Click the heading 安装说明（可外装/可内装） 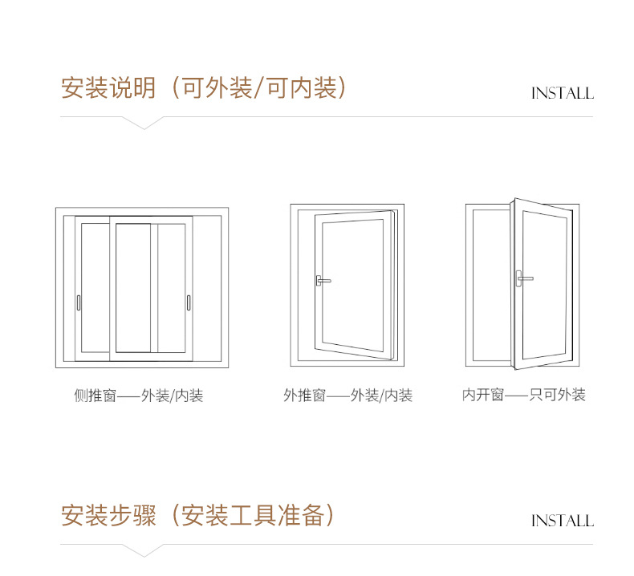(x=205, y=87)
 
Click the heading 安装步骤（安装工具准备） (x=197, y=515)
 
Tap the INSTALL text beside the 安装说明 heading (x=562, y=94)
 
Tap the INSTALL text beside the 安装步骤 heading (x=562, y=521)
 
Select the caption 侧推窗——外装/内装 (x=139, y=395)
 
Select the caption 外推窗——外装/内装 (x=347, y=395)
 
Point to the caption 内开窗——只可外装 (x=523, y=395)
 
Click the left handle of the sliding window (x=79, y=302)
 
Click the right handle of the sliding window (x=188, y=302)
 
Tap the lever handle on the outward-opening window (x=323, y=281)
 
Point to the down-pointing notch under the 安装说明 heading (x=143, y=124)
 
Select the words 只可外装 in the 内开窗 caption (x=558, y=395)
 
